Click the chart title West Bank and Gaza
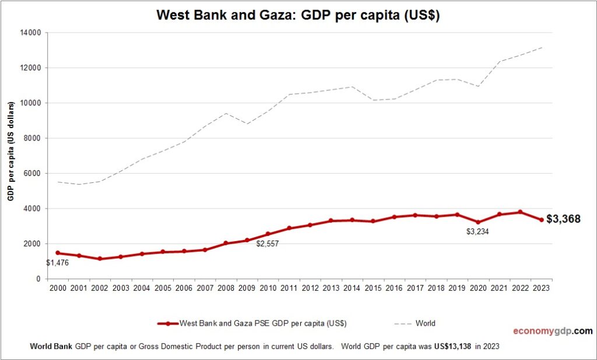click(x=298, y=16)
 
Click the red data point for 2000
click(x=58, y=253)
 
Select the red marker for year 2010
click(x=268, y=234)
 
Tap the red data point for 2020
click(x=478, y=222)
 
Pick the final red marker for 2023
click(x=541, y=220)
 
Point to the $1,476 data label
click(x=58, y=263)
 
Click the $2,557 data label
click(x=268, y=244)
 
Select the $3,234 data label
click(x=478, y=232)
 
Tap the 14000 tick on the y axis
click(x=30, y=33)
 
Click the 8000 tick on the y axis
click(x=32, y=138)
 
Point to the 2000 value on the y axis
click(x=32, y=243)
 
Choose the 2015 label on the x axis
click(x=373, y=288)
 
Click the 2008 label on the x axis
click(x=226, y=288)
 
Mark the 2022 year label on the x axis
click(x=520, y=288)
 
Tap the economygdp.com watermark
click(x=552, y=331)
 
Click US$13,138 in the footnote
click(x=452, y=346)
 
